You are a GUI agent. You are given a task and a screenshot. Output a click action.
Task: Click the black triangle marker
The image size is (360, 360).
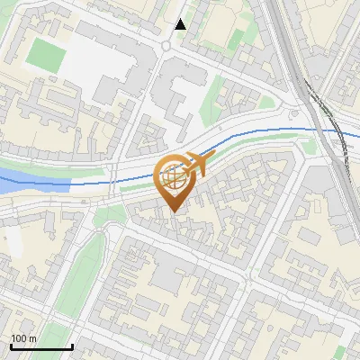click(x=180, y=24)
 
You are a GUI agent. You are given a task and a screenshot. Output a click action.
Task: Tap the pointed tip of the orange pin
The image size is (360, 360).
click(x=173, y=211)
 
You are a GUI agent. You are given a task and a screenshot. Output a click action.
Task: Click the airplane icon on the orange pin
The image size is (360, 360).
click(x=192, y=165)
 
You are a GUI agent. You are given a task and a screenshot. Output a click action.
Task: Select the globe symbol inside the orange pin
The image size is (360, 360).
click(x=172, y=179)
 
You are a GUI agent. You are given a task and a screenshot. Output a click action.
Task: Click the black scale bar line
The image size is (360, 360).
click(x=40, y=346)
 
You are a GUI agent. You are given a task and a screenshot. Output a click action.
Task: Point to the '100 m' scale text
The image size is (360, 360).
click(x=23, y=338)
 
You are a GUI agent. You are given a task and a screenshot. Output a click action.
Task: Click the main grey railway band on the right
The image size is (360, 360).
click(x=286, y=54)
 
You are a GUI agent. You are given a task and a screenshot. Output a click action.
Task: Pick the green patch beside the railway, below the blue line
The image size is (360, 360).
click(x=317, y=148)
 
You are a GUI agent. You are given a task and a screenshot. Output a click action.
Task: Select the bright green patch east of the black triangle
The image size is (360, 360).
click(x=236, y=38)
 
